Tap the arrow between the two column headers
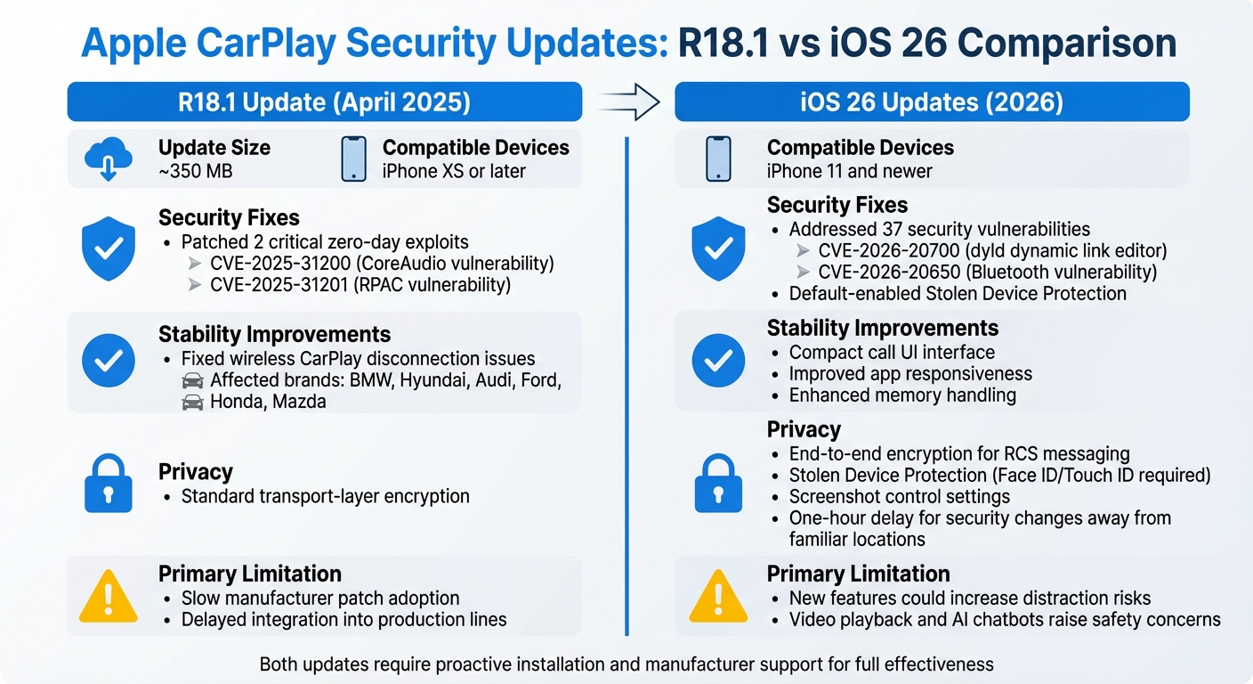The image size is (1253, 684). coord(628,102)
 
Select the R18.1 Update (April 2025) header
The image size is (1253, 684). coord(324,102)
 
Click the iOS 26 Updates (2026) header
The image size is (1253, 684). coord(931,102)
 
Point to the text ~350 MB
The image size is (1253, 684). coord(195,171)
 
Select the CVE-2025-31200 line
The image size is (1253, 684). coord(382,264)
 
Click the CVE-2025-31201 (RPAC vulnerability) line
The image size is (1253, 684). coord(360,285)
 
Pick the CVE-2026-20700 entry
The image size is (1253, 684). coord(990,251)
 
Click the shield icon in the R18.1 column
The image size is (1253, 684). coord(108,248)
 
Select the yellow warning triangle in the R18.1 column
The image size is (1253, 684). coord(107,597)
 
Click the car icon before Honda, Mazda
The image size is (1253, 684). coord(192,403)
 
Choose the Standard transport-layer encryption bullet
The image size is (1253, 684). coord(325,496)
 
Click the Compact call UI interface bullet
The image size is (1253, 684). coord(892,353)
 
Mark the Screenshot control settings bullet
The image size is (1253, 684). coord(899,497)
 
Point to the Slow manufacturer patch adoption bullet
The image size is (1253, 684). coord(320,598)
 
